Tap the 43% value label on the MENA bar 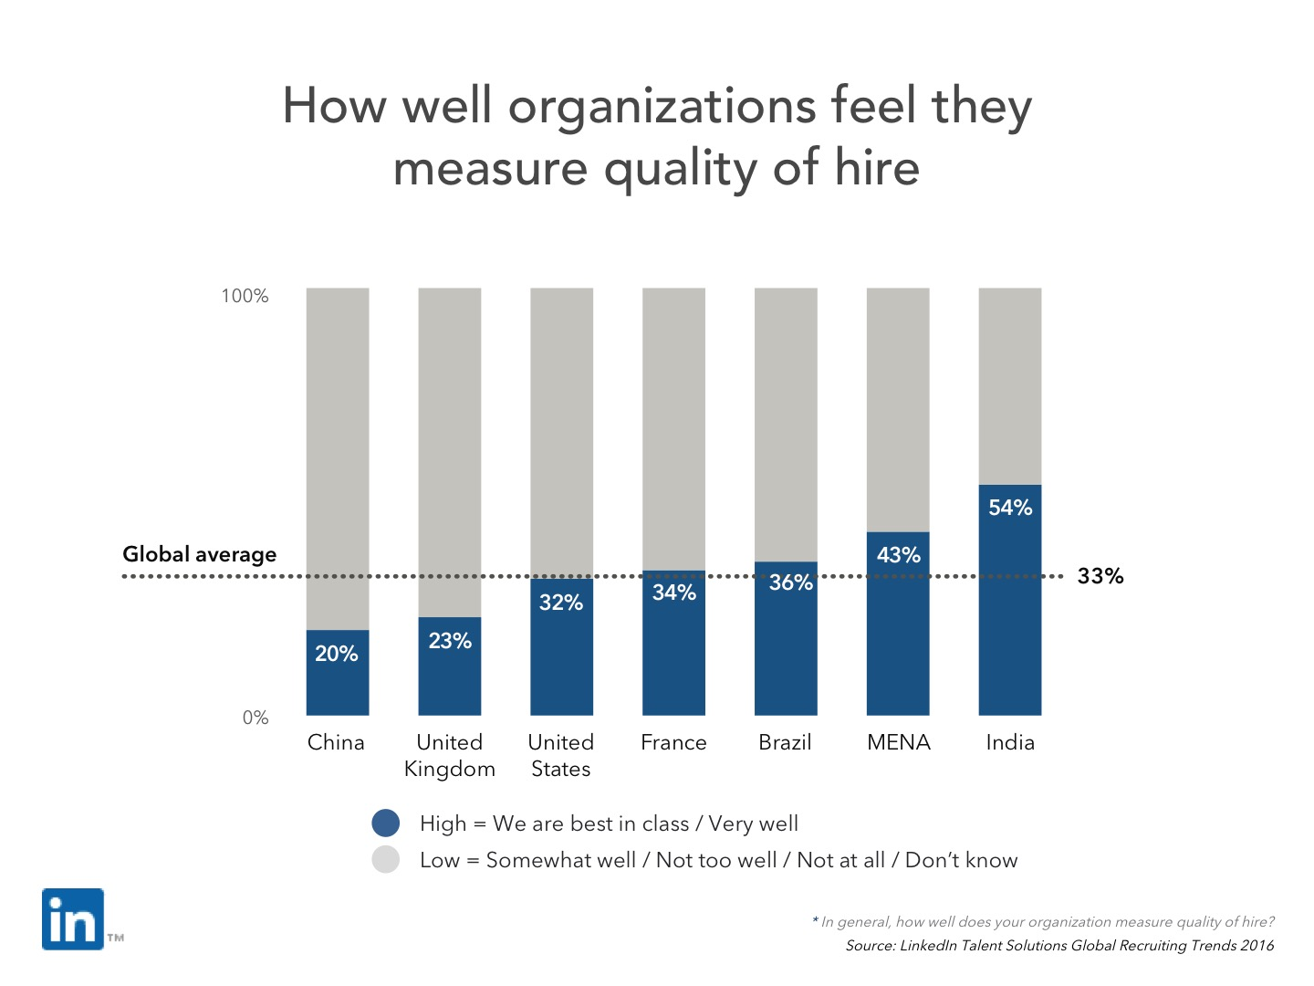pos(898,555)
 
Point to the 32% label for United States pos(560,603)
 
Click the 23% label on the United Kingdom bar pos(450,641)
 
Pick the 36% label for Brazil pos(790,582)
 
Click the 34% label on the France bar pos(674,593)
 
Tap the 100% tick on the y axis pos(245,296)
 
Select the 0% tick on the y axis pos(255,718)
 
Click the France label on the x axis pos(673,742)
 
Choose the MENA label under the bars pos(898,742)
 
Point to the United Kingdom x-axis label pos(450,755)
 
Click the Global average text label pos(199,554)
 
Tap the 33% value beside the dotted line pos(1100,576)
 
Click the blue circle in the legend pos(386,823)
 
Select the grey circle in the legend pos(386,860)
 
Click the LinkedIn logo pos(73,919)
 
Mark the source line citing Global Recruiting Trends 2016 pos(1059,946)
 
